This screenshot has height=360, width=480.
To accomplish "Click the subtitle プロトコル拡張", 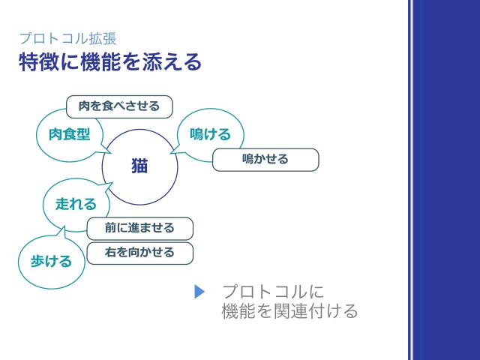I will [x=67, y=39].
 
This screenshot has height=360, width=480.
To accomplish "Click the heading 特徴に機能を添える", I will [x=110, y=62].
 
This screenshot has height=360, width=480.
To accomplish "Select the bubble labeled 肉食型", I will [x=68, y=135].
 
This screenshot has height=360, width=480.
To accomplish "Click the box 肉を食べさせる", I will [x=119, y=106].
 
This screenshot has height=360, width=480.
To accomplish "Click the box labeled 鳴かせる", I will [x=265, y=160].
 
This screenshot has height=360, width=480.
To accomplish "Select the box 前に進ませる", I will [x=139, y=228].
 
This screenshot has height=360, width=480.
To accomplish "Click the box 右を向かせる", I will [x=139, y=253].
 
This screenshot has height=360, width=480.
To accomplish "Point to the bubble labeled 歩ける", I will [x=51, y=261].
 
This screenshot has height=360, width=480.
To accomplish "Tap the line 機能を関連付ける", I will [x=289, y=311].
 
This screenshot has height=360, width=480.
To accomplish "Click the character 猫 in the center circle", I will [x=139, y=166].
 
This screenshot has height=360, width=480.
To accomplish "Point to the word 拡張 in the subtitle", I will [x=103, y=39].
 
